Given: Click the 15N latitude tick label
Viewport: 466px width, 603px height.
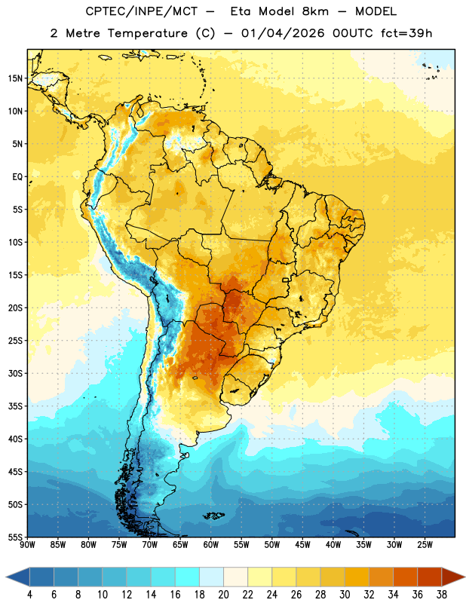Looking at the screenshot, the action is tap(15, 78).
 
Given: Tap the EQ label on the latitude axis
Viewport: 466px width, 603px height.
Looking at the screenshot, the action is tap(17, 177).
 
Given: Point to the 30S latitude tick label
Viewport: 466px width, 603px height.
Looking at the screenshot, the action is tap(15, 373).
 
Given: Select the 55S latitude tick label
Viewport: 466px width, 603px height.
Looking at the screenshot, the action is tap(15, 537).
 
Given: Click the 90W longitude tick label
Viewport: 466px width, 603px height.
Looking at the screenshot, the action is tap(27, 544).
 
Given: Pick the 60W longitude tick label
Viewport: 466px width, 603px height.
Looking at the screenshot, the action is tap(211, 544).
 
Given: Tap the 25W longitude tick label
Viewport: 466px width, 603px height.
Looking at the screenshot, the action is tap(425, 544).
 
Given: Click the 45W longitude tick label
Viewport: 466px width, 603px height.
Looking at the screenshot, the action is tap(303, 544).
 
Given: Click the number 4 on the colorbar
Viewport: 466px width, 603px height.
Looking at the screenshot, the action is tap(29, 595).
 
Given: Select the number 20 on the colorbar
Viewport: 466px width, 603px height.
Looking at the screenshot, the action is tap(223, 595).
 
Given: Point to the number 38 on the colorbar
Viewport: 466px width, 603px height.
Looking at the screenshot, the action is tap(442, 595).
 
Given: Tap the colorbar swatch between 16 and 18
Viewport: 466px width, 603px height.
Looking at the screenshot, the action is tap(188, 577).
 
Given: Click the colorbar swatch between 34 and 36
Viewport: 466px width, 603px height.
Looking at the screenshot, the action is tap(406, 577).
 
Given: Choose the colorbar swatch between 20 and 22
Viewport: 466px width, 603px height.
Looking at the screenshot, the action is tap(236, 577).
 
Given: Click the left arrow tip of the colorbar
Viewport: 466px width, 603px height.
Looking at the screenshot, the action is tap(6, 577).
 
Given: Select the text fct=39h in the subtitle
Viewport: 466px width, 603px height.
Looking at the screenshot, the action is tap(406, 33).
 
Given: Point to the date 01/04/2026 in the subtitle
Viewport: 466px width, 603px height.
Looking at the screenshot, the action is tap(283, 33).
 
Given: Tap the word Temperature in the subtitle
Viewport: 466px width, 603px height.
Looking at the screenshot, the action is tap(147, 33).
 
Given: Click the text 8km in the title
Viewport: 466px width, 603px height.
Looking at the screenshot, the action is tap(315, 11).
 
